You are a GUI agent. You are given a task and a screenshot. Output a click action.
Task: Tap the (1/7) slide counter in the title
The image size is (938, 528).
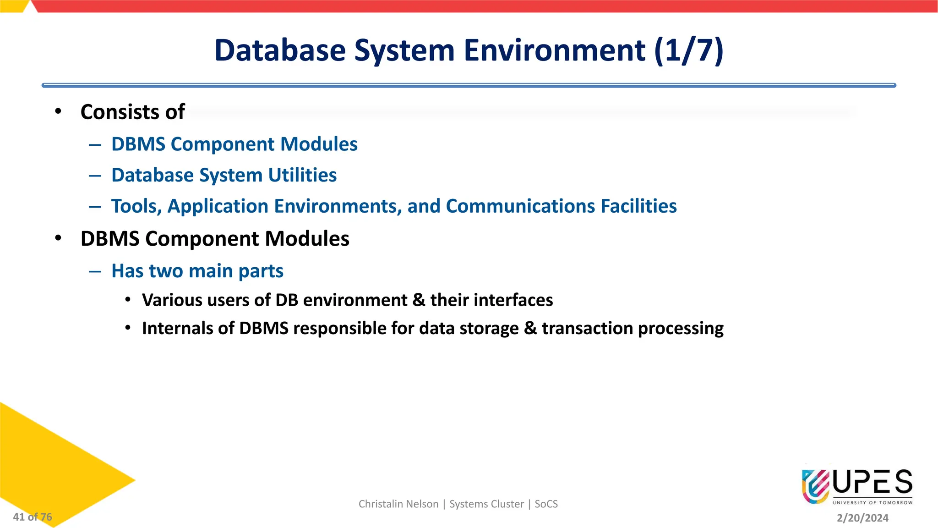click(689, 50)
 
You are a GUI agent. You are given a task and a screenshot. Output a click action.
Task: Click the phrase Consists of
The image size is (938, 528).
click(132, 112)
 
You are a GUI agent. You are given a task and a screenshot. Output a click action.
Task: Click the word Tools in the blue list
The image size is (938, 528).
click(136, 206)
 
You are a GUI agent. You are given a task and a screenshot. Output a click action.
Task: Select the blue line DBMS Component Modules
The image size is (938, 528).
click(234, 144)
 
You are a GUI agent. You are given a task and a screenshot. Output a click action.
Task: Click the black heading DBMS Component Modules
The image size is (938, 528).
click(215, 239)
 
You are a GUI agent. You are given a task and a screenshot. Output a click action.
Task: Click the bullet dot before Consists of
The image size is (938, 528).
click(58, 111)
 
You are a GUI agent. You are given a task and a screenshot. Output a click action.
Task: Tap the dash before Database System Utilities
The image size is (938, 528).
click(95, 176)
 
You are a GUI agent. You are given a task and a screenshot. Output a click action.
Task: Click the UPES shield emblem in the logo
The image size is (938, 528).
click(816, 486)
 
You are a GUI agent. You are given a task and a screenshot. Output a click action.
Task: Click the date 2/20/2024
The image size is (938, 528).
click(862, 518)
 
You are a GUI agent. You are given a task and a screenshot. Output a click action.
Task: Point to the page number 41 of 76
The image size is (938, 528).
click(33, 517)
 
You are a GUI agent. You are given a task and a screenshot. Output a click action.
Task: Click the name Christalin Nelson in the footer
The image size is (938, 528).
click(398, 504)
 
